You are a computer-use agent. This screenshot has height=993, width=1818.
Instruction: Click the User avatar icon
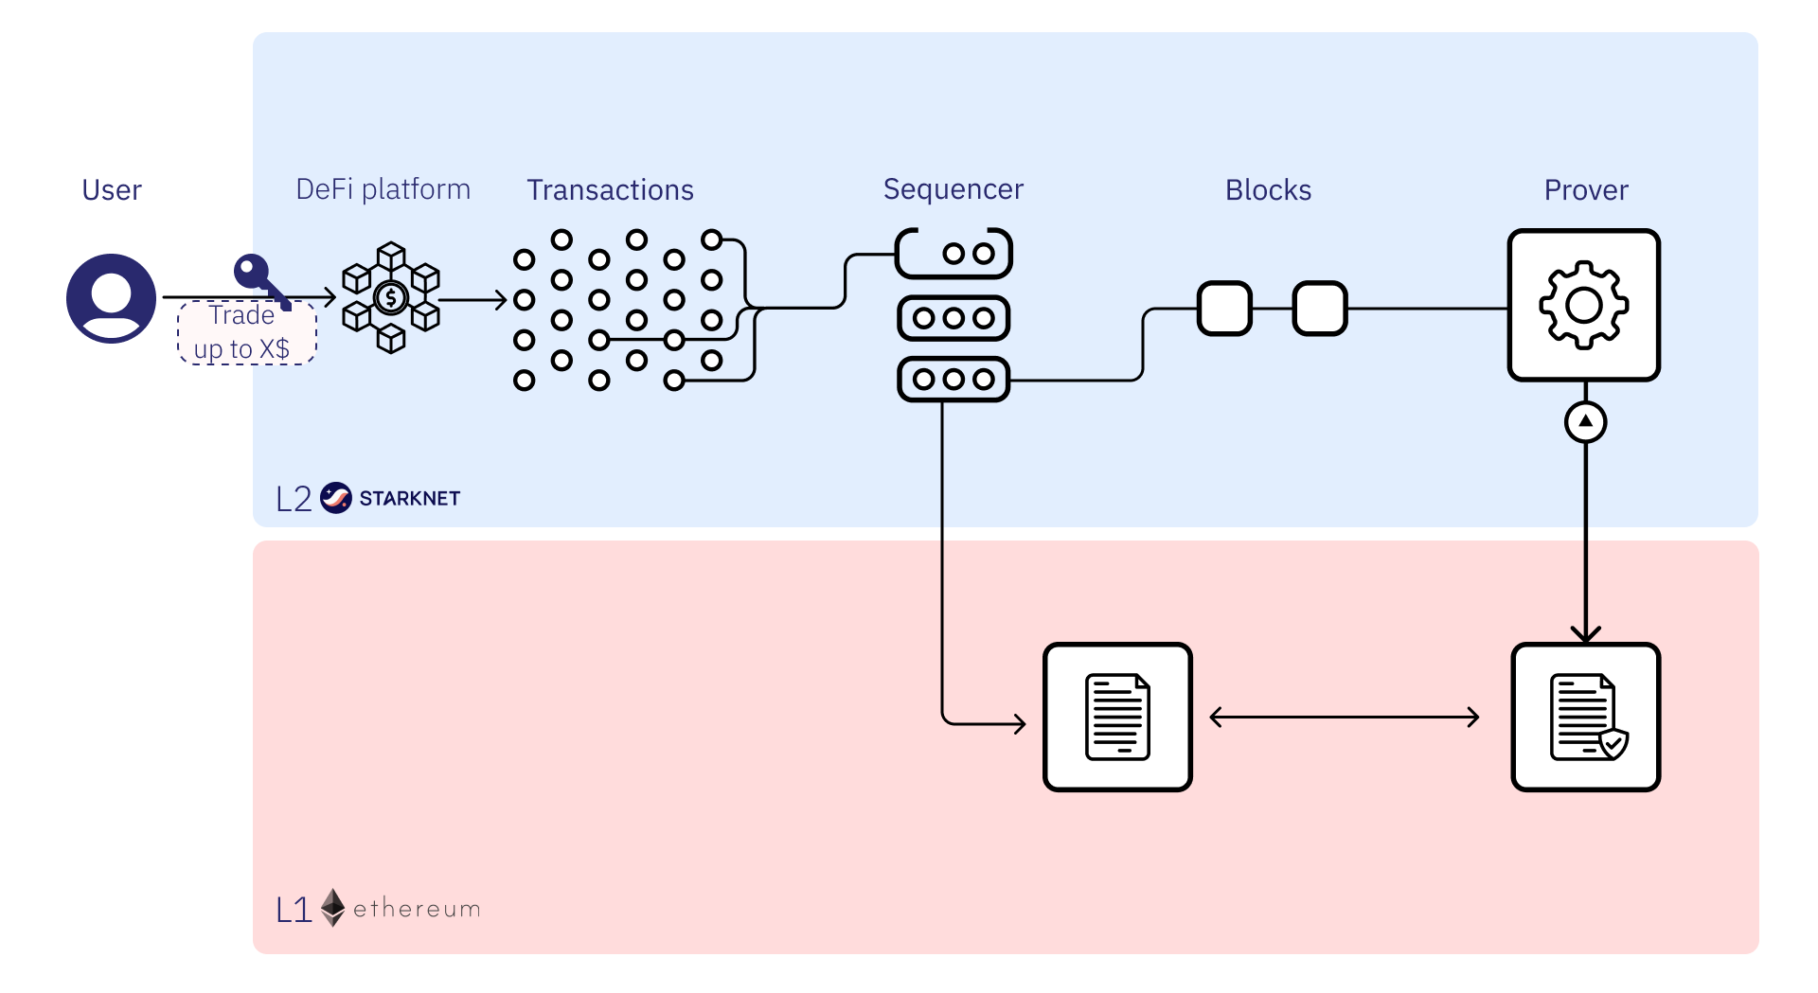click(x=111, y=298)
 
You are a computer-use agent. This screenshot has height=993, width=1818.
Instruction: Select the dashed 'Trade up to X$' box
click(x=246, y=333)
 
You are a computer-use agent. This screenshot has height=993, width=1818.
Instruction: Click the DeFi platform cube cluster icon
click(x=391, y=297)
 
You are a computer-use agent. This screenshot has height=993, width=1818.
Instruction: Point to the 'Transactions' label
click(x=610, y=190)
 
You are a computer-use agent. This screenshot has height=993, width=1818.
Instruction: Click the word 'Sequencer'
click(x=953, y=189)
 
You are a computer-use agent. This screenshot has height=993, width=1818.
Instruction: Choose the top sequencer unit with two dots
click(x=954, y=254)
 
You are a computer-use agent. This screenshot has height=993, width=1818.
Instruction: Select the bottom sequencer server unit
click(x=954, y=380)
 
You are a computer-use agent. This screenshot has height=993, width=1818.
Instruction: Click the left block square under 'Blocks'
click(x=1224, y=309)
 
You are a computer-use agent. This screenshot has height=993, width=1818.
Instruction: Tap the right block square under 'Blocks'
click(x=1320, y=309)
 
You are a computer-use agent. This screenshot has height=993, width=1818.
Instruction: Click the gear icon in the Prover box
click(x=1584, y=305)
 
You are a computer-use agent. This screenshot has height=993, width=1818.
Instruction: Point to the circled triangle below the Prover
click(x=1585, y=421)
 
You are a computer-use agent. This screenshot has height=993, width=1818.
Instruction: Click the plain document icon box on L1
click(x=1117, y=717)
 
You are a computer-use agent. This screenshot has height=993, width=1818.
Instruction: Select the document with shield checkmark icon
click(x=1586, y=717)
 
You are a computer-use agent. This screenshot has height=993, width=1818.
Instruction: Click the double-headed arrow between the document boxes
click(x=1345, y=718)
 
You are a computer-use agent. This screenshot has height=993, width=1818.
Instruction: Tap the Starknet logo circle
click(x=335, y=498)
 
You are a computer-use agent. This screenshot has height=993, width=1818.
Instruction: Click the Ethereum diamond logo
click(x=332, y=908)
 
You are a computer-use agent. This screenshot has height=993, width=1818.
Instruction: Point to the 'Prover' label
click(x=1586, y=190)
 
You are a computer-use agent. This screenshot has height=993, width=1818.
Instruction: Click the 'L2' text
click(x=294, y=499)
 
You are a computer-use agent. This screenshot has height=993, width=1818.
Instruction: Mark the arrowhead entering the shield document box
click(x=1585, y=635)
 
